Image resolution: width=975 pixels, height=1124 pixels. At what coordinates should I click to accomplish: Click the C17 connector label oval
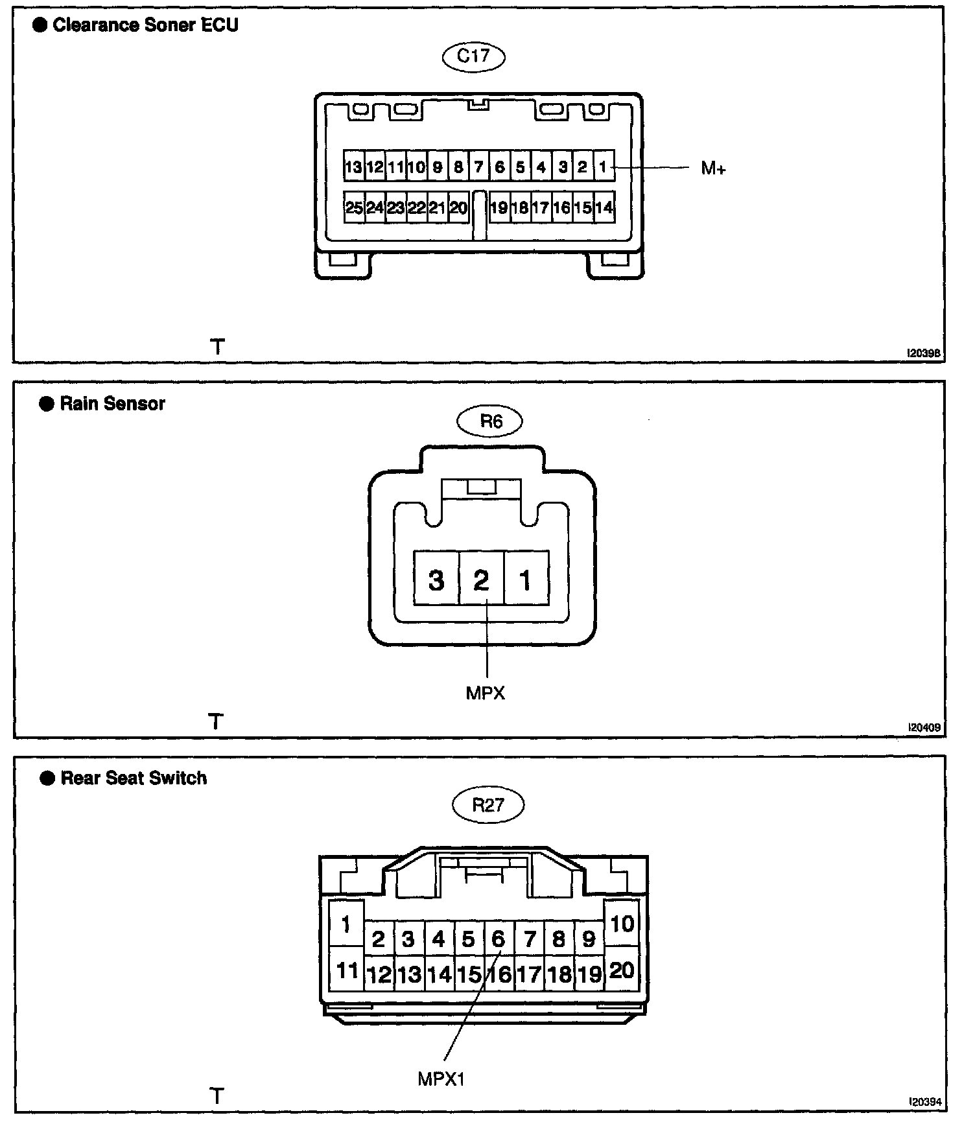473,56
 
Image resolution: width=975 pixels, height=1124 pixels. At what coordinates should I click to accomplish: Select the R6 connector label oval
490,422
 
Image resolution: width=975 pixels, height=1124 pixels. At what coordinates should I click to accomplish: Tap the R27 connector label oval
487,805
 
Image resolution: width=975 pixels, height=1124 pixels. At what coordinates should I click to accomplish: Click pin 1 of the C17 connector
603,167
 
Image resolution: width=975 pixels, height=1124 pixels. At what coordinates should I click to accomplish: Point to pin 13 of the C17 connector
353,167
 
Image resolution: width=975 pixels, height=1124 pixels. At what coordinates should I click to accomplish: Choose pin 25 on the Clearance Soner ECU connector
354,208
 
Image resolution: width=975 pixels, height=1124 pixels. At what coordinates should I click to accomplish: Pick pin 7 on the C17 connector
478,167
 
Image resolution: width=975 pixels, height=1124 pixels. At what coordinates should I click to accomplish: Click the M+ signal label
713,169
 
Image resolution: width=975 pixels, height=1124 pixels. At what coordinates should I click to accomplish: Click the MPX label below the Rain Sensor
485,694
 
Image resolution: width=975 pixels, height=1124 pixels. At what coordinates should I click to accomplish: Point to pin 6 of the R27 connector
498,939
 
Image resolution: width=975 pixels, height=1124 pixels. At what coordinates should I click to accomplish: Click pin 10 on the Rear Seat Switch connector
622,924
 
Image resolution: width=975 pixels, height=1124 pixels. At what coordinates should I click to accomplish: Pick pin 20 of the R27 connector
622,970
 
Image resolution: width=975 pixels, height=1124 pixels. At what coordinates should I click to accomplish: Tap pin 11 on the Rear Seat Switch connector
347,970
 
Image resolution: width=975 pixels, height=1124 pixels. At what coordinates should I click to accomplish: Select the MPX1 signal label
441,1079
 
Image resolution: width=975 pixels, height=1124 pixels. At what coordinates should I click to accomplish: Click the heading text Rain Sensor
112,404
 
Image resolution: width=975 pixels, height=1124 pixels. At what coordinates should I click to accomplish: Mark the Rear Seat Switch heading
134,778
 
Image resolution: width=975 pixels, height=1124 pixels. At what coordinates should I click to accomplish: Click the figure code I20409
924,728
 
